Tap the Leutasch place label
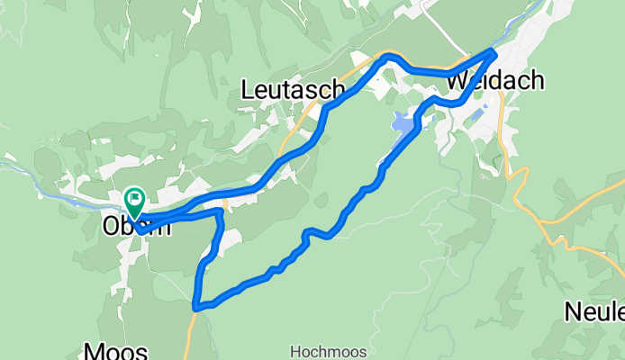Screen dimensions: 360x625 click(294, 88)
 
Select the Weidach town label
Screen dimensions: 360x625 click(494, 81)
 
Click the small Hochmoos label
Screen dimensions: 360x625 click(318, 350)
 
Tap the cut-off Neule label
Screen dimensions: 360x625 click(594, 312)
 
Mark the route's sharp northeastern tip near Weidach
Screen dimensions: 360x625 click(493, 51)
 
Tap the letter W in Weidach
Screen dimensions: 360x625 click(457, 81)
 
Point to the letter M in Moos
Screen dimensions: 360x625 click(92, 349)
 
